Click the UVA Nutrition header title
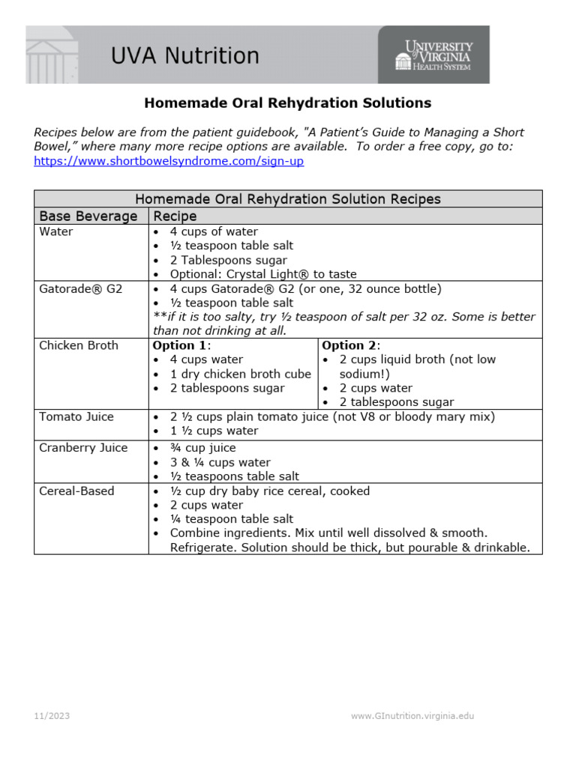(184, 56)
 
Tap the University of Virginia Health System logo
(434, 55)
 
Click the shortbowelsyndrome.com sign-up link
(169, 161)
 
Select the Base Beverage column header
(88, 216)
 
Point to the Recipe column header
(175, 216)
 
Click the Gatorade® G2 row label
(80, 289)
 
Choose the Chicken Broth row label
(78, 346)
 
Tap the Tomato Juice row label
(76, 416)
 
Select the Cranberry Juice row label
(83, 448)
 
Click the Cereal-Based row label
(76, 491)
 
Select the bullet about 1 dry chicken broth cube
(240, 374)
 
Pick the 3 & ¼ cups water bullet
(220, 462)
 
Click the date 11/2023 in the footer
(52, 716)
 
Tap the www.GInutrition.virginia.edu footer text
(412, 716)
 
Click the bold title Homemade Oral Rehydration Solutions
(287, 103)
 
